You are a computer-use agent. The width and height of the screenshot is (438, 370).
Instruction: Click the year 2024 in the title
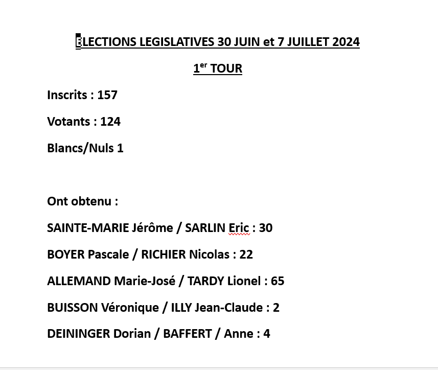point(346,42)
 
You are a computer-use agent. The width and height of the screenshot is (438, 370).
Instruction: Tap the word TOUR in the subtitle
point(226,68)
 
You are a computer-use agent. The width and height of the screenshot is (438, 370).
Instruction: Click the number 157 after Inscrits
point(107,95)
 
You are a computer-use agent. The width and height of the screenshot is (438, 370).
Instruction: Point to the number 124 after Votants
point(110,122)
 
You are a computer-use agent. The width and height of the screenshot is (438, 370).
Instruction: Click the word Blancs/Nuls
point(81,148)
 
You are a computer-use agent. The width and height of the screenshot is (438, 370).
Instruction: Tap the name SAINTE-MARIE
point(88,228)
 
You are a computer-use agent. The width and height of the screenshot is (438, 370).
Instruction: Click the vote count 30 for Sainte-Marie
point(266,228)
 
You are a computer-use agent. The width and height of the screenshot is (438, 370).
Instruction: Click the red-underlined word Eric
point(239,228)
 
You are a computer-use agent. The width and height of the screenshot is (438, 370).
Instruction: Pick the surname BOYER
point(66,255)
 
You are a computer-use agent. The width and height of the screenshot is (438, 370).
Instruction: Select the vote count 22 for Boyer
point(246,255)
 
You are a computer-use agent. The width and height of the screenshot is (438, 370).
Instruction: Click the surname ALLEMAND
point(79,281)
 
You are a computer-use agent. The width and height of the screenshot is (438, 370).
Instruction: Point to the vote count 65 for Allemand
point(278,281)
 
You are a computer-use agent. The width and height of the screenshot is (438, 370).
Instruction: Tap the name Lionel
point(244,281)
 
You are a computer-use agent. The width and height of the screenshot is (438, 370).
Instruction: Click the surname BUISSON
point(72,308)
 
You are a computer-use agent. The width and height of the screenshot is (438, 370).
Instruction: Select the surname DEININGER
point(78,334)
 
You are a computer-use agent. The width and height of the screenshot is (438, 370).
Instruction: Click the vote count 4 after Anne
point(267,334)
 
